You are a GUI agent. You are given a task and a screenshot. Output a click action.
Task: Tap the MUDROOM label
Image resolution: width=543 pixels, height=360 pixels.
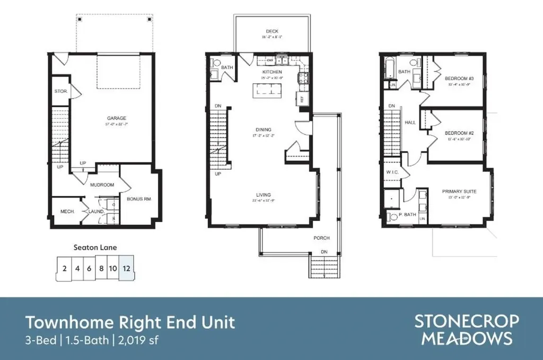tap(102, 185)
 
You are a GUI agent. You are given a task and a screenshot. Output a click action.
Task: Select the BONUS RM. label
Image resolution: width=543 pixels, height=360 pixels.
tap(139, 199)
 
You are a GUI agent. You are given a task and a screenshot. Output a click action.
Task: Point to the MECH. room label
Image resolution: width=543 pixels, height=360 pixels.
tap(67, 212)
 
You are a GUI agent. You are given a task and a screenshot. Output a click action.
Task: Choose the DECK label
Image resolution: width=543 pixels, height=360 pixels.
tap(272, 31)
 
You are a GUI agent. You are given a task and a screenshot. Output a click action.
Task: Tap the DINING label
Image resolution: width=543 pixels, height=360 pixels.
tap(263, 129)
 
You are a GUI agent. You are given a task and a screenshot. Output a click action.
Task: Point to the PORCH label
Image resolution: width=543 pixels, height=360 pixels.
tap(321, 238)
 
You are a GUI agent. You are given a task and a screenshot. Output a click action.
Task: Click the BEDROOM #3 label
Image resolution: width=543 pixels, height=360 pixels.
tap(459, 78)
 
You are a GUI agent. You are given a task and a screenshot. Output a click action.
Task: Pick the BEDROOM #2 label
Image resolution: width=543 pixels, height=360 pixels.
tap(459, 133)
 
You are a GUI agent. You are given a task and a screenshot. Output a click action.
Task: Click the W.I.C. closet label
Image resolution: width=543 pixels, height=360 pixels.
tap(392, 172)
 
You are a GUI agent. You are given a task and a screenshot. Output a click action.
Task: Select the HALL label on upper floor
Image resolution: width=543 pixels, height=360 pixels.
tap(410, 122)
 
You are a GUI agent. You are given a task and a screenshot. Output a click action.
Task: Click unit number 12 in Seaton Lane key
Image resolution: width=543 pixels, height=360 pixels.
tap(126, 268)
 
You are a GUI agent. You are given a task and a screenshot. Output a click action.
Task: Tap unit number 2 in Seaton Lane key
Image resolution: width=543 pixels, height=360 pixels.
tap(64, 268)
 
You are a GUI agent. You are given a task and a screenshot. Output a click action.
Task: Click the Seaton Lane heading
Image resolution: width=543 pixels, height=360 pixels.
tap(94, 247)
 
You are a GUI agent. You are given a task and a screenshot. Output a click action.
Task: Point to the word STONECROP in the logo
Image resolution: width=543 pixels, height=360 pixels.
tap(467, 322)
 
